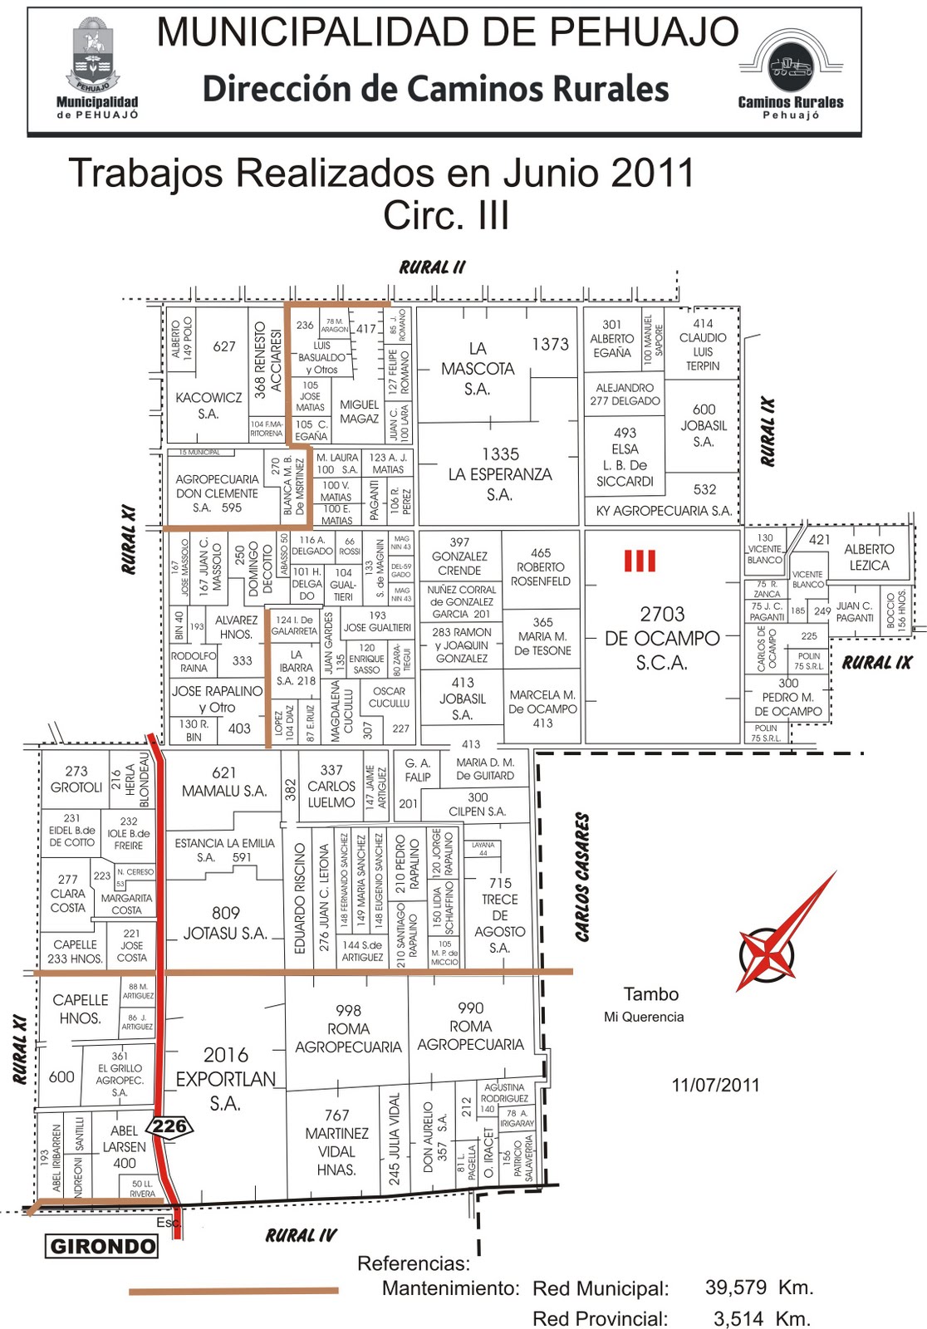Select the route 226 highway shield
tap(169, 1126)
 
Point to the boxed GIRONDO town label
tap(102, 1246)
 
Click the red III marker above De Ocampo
tap(640, 561)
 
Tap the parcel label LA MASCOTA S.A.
tap(478, 368)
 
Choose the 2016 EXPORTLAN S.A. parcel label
tap(226, 1078)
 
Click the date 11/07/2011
tap(715, 1085)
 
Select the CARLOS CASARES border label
tap(582, 876)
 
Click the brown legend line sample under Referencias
tap(233, 1291)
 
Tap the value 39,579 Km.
tap(758, 1287)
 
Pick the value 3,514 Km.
tap(761, 1318)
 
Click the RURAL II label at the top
tap(432, 267)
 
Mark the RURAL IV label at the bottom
tap(301, 1235)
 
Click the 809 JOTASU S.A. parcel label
tap(225, 923)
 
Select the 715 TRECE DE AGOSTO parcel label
tap(500, 915)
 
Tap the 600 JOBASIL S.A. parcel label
tap(704, 425)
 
